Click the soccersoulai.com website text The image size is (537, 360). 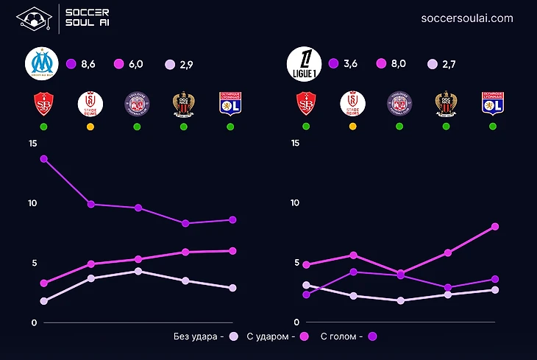click(467, 18)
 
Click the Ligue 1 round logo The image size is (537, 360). click(302, 64)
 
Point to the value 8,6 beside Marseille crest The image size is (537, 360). click(88, 65)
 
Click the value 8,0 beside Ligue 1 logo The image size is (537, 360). click(398, 65)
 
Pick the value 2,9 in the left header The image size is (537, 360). click(184, 65)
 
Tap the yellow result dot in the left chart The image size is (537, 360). click(90, 127)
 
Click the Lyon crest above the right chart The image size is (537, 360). click(492, 104)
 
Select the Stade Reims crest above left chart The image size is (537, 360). click(90, 104)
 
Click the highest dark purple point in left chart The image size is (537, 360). click(43, 159)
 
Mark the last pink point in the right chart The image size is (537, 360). click(495, 227)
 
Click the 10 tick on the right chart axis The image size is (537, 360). click(295, 203)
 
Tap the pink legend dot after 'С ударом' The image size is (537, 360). click(303, 336)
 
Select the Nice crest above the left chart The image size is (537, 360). click(184, 104)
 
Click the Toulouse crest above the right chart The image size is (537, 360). click(399, 104)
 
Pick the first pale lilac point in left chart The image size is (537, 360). click(43, 301)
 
